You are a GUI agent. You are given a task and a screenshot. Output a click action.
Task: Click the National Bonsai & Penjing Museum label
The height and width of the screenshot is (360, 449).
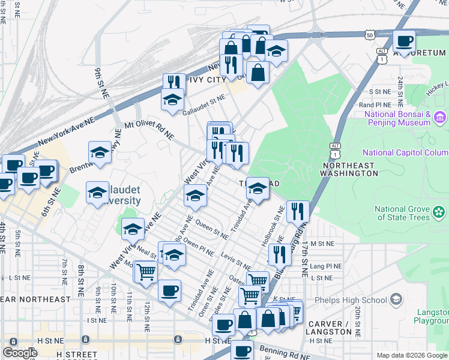pos(394,118)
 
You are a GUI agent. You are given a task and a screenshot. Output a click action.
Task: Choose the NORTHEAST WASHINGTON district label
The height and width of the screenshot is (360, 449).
pos(351,169)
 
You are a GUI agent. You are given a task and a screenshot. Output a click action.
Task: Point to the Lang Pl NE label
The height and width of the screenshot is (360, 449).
pos(326,266)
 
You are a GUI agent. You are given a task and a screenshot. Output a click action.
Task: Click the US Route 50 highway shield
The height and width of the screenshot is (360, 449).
pos(369,36)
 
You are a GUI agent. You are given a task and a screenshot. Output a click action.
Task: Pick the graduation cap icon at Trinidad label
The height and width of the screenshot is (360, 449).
pos(258,188)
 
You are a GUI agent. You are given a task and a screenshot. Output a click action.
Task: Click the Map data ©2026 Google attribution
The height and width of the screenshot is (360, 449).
pos(411,355)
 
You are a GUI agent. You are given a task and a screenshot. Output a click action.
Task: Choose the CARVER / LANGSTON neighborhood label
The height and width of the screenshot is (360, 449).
pos(330,328)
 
